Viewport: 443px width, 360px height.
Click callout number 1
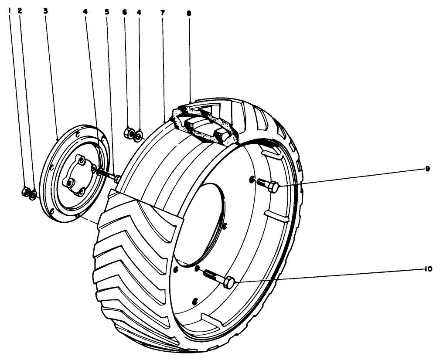[10, 11]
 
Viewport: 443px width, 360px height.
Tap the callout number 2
[20, 11]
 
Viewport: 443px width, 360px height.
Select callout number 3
[45, 11]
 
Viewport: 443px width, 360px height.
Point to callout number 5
[106, 12]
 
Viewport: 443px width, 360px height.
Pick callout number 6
[125, 12]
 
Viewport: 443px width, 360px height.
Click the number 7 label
[163, 13]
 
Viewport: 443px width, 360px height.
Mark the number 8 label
[189, 13]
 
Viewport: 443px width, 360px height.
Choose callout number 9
[427, 169]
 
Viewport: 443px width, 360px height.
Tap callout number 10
[428, 269]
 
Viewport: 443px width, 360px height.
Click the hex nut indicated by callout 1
[25, 192]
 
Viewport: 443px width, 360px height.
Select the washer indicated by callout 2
[33, 194]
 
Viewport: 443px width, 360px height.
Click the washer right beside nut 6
[139, 135]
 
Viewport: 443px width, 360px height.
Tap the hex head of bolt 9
[273, 187]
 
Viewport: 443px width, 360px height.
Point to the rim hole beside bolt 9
[252, 180]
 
